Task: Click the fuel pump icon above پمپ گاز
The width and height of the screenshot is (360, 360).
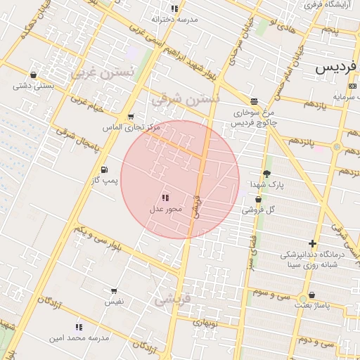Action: [105, 169]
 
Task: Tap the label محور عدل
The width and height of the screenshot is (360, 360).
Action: [166, 209]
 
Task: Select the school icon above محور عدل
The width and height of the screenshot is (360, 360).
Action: [165, 198]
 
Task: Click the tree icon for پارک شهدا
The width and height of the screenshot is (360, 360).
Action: [266, 174]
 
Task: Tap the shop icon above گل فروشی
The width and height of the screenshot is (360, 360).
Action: [259, 200]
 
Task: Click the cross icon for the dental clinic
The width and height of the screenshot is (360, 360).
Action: [312, 244]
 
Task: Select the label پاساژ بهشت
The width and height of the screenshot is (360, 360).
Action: [311, 306]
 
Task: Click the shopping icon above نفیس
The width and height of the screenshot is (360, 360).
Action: [114, 290]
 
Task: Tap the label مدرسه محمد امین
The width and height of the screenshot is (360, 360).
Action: [79, 338]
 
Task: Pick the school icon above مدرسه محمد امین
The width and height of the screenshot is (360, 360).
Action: [79, 327]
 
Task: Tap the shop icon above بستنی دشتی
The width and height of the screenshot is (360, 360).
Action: [33, 75]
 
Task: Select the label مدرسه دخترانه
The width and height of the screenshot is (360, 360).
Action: [174, 20]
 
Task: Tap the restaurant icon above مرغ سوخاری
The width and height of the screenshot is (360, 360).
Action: [253, 101]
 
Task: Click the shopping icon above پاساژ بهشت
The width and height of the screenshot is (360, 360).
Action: [311, 295]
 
